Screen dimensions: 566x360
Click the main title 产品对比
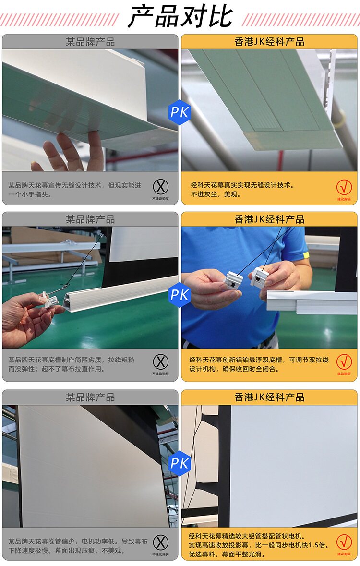(x=180, y=17)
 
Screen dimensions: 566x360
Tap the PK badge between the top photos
(x=180, y=113)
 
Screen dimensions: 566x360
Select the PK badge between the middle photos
(x=180, y=292)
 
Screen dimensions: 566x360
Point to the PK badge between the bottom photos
(x=180, y=464)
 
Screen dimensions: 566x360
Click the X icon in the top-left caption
(x=161, y=187)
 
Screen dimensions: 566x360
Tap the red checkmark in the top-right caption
(x=344, y=187)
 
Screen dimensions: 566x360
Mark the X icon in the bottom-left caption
(x=161, y=542)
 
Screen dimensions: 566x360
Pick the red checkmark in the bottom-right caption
(x=344, y=542)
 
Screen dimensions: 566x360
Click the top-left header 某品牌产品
(x=90, y=42)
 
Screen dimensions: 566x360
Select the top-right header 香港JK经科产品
(x=269, y=42)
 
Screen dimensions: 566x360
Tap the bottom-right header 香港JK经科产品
(x=269, y=397)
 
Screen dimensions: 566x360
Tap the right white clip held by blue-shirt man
(x=259, y=277)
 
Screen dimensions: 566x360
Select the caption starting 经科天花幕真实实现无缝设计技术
(x=242, y=190)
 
